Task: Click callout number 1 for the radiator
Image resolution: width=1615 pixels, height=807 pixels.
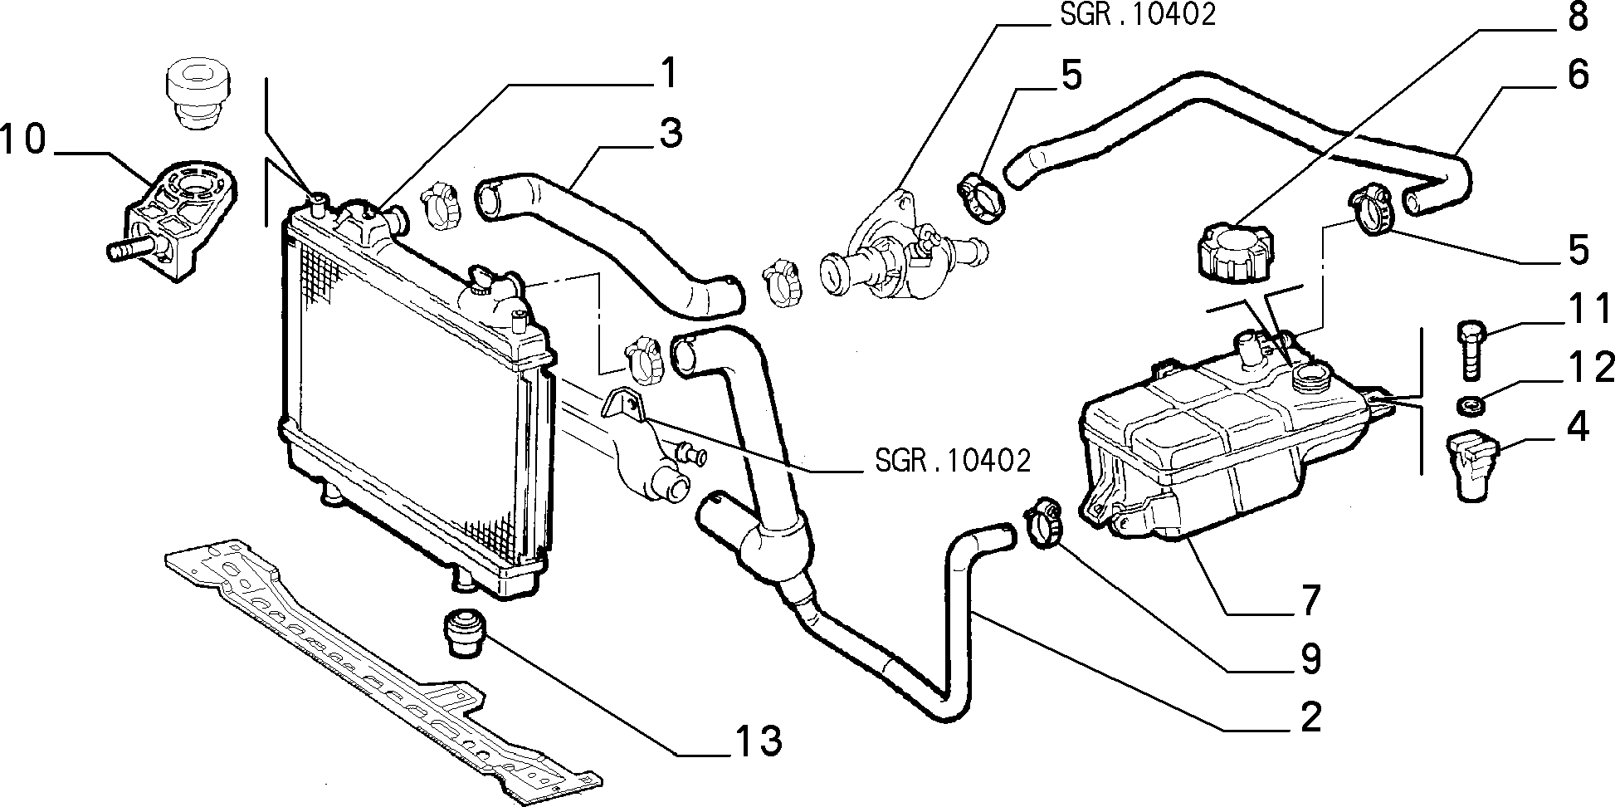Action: (666, 74)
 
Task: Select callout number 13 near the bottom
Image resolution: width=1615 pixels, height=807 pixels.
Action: (757, 741)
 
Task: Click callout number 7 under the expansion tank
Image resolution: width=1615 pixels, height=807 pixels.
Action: (1309, 600)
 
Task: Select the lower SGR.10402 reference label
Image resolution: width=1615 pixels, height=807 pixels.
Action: (953, 460)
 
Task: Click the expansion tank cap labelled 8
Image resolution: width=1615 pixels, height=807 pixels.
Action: (1234, 251)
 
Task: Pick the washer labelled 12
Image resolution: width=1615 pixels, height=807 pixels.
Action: (1471, 406)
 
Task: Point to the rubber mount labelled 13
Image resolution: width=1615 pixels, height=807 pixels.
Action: (466, 633)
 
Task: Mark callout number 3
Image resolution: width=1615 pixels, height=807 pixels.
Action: (669, 133)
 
